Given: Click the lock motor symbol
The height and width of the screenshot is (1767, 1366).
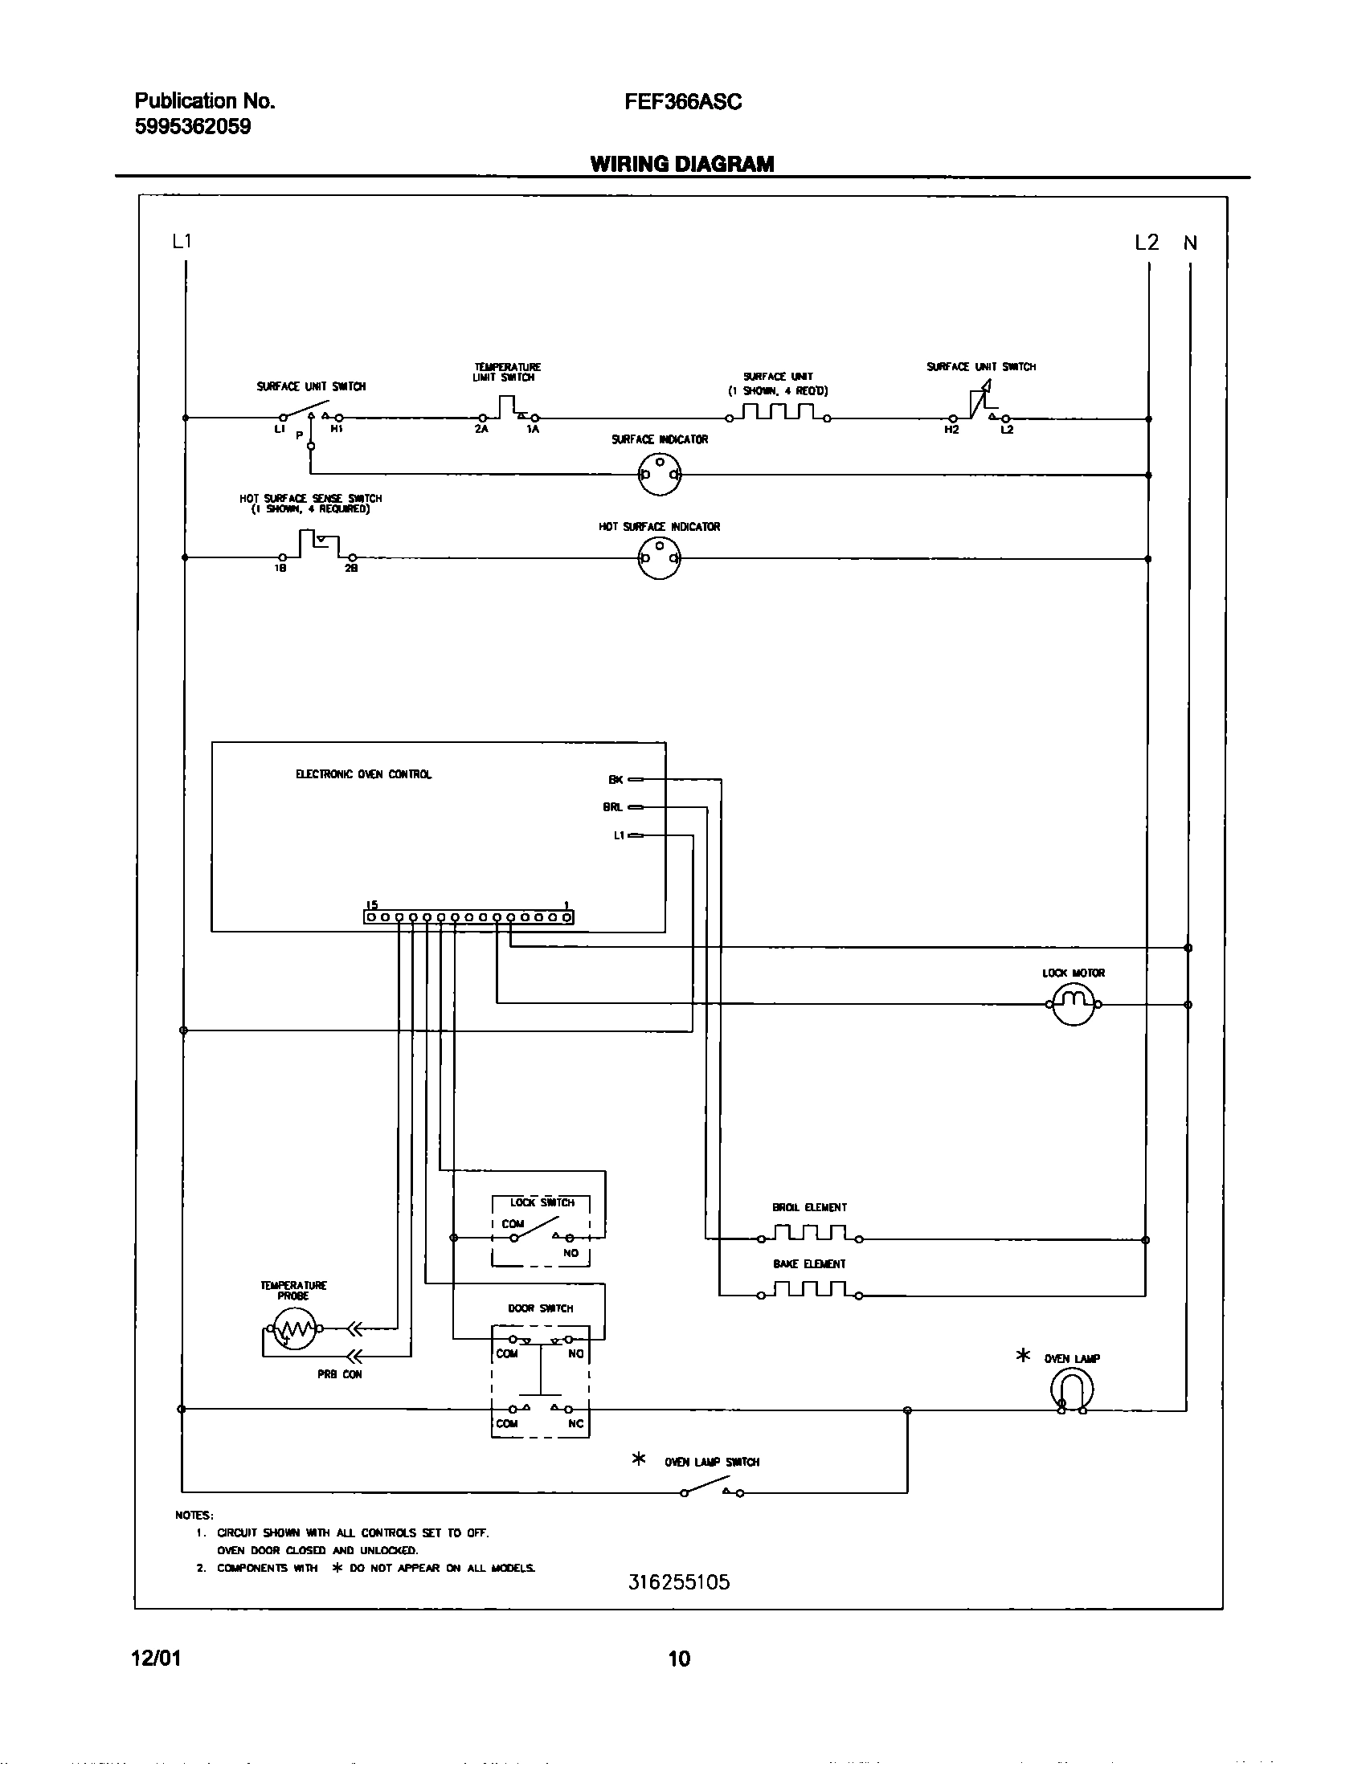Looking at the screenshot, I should (1073, 1004).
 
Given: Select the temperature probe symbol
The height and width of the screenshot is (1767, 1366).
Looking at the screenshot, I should (292, 1328).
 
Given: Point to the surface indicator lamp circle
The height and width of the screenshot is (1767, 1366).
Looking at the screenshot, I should (659, 474).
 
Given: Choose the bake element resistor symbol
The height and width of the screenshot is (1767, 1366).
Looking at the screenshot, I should (809, 1292).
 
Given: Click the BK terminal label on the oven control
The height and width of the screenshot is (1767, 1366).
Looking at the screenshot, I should (616, 780).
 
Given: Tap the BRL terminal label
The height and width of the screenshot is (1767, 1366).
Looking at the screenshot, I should (612, 807).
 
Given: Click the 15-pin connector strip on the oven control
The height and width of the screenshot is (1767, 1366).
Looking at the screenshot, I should (468, 917).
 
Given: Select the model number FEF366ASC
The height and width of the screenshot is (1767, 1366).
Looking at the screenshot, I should (682, 102).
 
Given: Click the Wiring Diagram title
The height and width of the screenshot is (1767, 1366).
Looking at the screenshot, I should (682, 163).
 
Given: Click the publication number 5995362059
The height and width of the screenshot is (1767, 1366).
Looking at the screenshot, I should (193, 127).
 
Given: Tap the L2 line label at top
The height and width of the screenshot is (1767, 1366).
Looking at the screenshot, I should (1146, 242).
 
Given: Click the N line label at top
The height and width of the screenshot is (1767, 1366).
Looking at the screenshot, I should (1189, 243).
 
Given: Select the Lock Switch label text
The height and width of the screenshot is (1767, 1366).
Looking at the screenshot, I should (542, 1202).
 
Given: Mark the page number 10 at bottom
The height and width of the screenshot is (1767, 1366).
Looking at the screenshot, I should (679, 1659).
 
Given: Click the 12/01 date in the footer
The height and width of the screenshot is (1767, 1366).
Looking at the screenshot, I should (155, 1659).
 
